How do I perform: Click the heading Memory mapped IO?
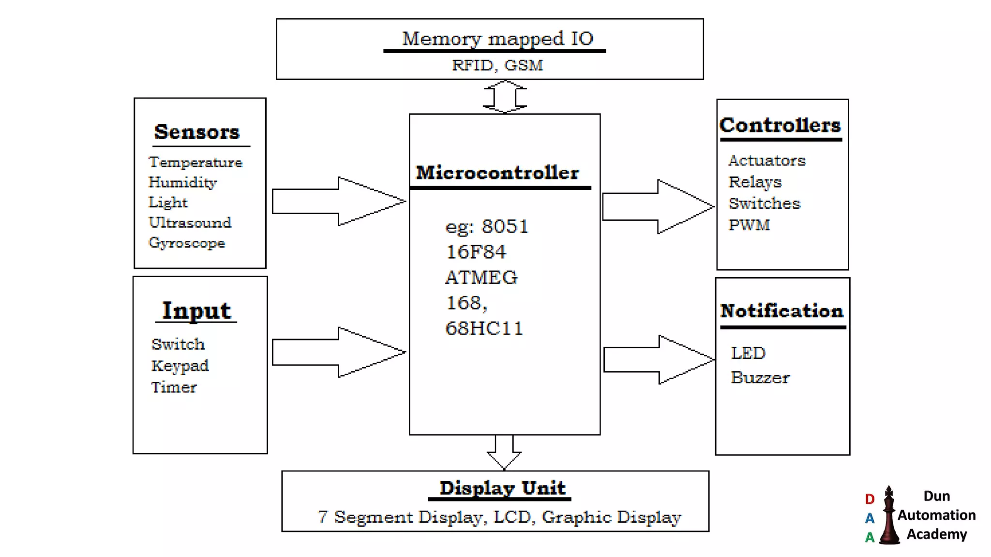point(497,39)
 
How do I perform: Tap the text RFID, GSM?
point(497,65)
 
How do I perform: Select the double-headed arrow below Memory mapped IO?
point(505,97)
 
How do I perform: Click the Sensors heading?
point(196,132)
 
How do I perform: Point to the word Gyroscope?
point(187,243)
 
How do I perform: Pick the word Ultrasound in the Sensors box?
point(190,222)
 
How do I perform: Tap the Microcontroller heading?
point(497,173)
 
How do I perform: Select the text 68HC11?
point(484,328)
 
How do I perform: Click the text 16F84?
point(476,252)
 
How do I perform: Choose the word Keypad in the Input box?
point(180,366)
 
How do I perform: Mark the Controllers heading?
point(780,125)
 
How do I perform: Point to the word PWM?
point(749,225)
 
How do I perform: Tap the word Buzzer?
point(760,378)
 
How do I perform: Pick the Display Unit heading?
point(502,488)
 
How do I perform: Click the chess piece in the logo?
point(889,517)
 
